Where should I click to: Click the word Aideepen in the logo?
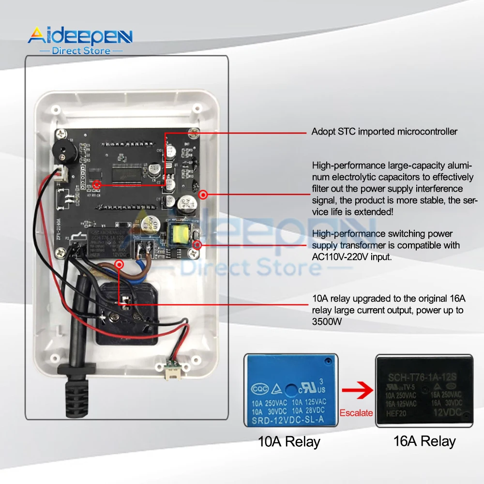tap(80, 36)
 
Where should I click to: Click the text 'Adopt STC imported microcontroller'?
tap(384, 132)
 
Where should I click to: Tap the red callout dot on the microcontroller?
tap(97, 184)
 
